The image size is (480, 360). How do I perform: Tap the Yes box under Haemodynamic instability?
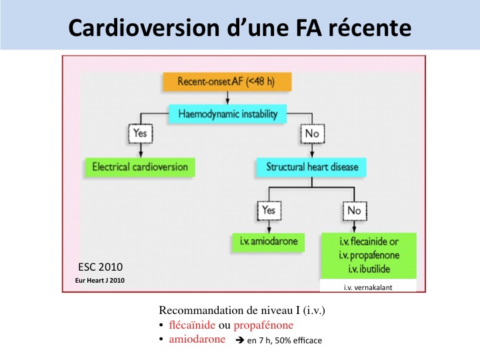tap(139, 133)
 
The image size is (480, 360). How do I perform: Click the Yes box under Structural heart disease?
tap(268, 211)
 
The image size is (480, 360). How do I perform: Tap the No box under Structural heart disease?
tap(354, 211)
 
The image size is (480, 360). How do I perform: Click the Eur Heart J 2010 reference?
tap(100, 280)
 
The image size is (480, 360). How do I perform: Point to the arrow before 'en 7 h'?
tap(238, 340)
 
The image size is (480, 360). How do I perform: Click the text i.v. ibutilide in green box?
tap(367, 269)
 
